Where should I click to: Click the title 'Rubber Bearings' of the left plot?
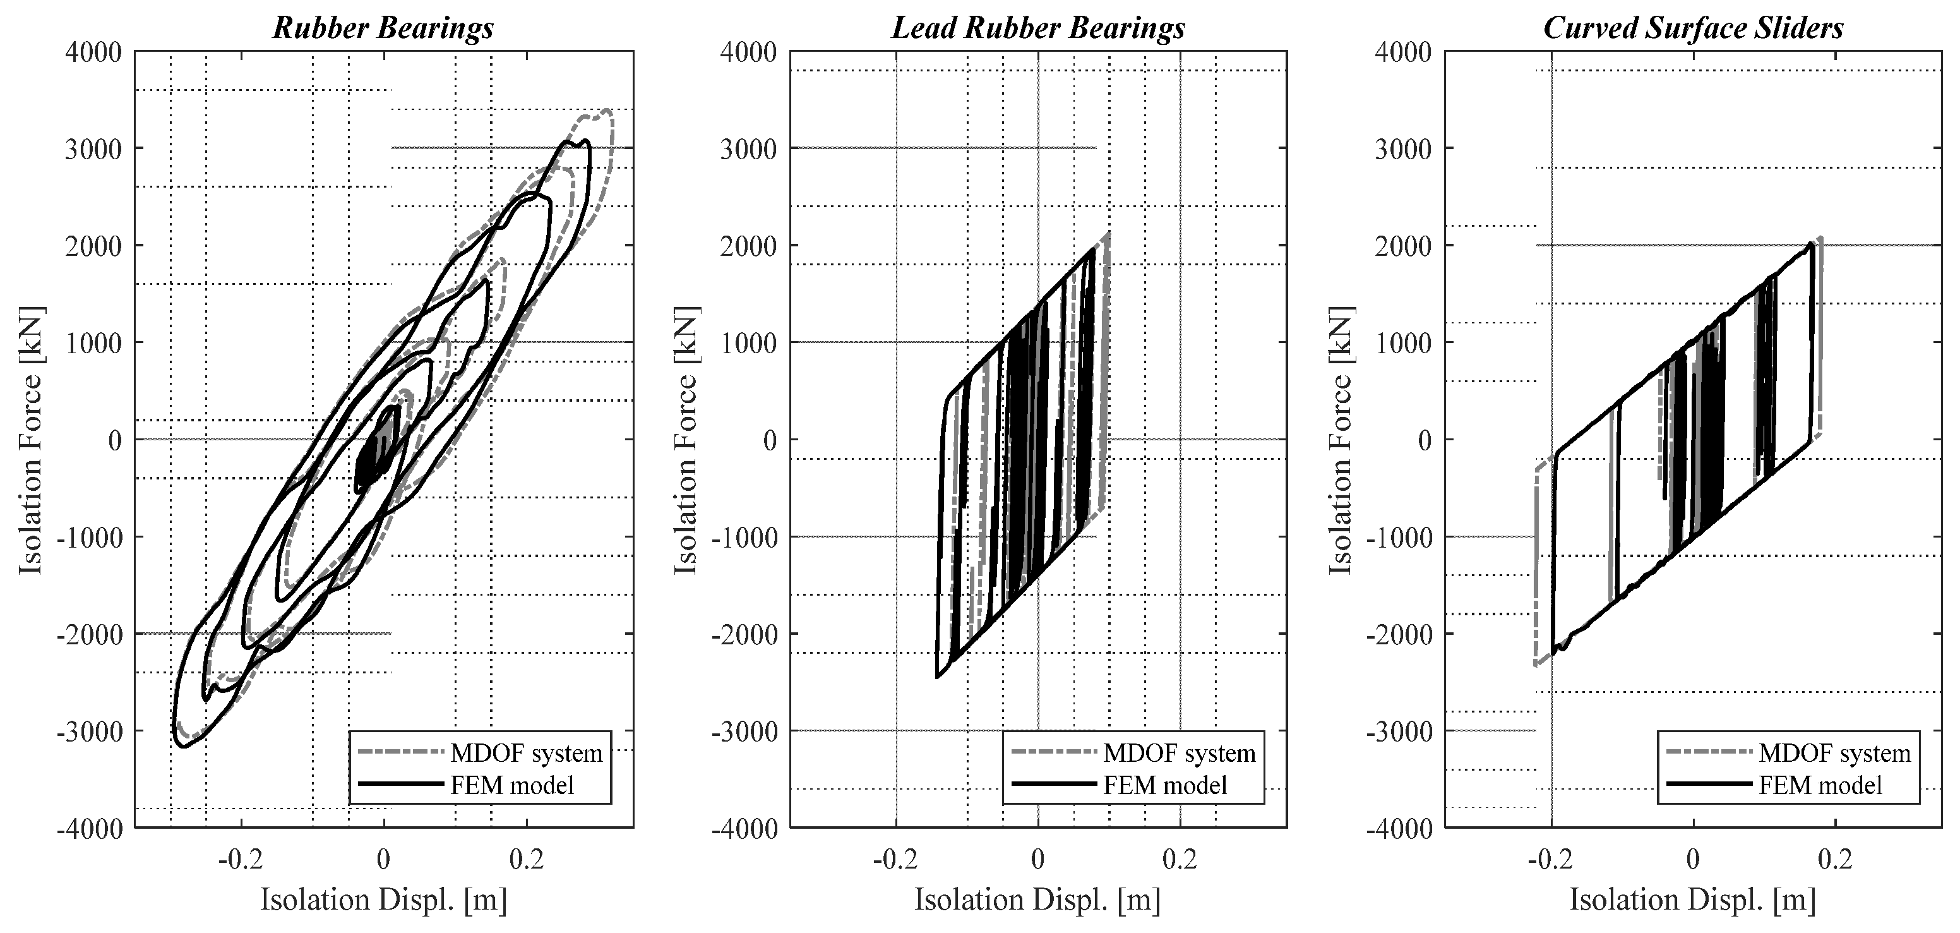(383, 28)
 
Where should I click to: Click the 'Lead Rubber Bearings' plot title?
(1038, 28)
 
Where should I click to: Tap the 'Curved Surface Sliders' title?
(1693, 28)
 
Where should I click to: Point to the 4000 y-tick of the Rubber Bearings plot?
(93, 52)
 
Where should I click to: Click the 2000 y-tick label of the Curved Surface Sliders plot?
(1404, 246)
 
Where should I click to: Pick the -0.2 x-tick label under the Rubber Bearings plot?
(240, 859)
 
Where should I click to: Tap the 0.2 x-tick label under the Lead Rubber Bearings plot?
(1180, 859)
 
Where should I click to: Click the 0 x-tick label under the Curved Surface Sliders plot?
(1693, 859)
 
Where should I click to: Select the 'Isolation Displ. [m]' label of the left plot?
(383, 900)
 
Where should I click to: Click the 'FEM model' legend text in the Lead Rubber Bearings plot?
(1165, 785)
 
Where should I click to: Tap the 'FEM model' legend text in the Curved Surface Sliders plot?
(1820, 785)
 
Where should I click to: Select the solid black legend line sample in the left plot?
(400, 785)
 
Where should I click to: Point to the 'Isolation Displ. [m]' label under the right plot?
(1693, 900)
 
